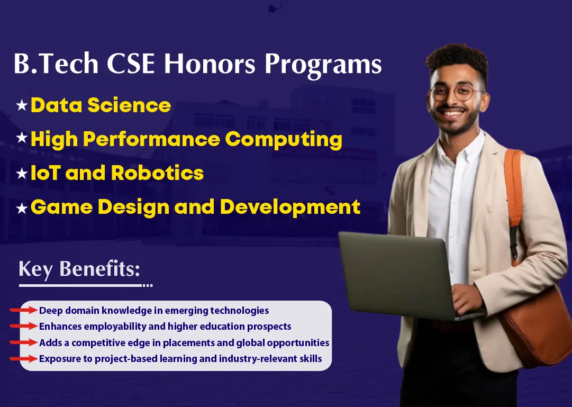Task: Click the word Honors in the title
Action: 210,64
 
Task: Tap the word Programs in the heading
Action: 323,66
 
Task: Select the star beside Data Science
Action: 22,105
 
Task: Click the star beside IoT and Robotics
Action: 22,174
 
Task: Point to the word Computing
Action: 284,140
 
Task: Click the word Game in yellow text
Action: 61,207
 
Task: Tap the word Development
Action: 290,207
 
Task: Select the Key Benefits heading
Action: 79,269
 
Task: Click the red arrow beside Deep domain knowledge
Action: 24,310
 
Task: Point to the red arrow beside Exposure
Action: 24,358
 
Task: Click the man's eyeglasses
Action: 456,92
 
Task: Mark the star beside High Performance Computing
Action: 22,138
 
